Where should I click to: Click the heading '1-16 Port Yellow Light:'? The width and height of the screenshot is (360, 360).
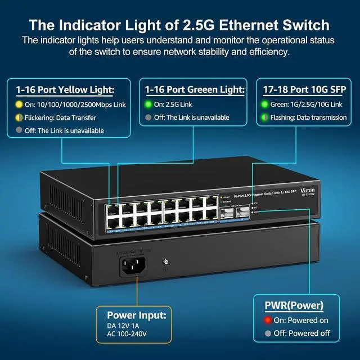coord(65,89)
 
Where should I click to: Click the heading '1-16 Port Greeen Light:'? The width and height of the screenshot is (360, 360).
coord(195,89)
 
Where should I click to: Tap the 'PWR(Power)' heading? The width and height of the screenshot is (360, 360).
coord(294,306)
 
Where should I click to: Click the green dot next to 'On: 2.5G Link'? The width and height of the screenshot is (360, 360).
coord(148,104)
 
